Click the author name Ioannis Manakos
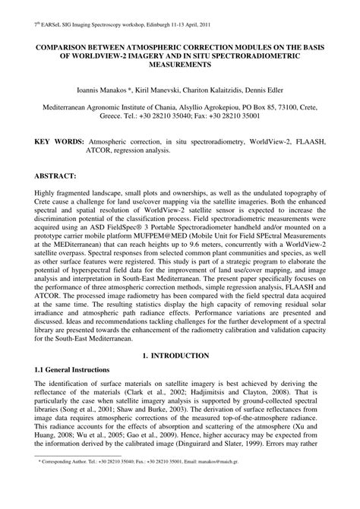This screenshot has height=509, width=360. pyautogui.click(x=118, y=90)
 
